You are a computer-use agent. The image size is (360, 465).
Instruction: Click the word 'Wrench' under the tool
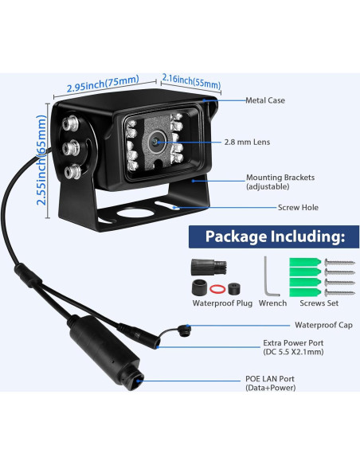(x=272, y=303)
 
